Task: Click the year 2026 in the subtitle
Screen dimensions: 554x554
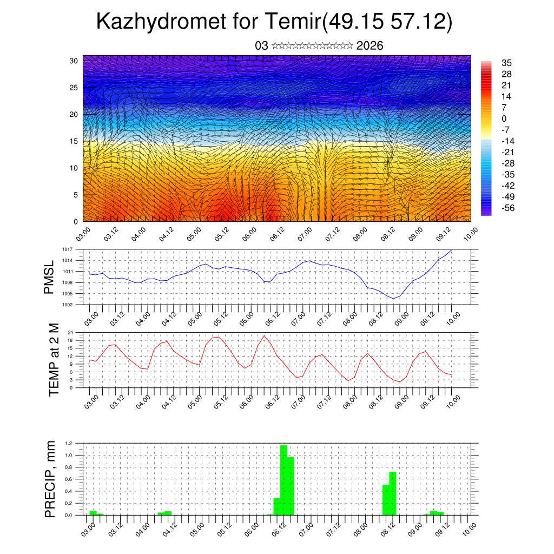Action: (370, 46)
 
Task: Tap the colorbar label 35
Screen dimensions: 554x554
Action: (506, 63)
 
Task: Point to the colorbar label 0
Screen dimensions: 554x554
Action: (504, 118)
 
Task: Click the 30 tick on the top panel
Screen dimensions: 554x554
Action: (74, 61)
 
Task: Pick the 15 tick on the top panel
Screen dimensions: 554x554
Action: (74, 141)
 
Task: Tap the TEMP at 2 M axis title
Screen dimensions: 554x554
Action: (54, 359)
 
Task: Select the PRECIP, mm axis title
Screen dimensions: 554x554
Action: (50, 479)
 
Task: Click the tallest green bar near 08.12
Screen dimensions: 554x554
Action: (393, 493)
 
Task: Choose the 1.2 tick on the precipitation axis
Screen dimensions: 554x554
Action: (69, 443)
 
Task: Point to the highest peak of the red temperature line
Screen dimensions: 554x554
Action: (264, 335)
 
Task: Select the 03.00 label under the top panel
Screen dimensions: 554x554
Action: (83, 234)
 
